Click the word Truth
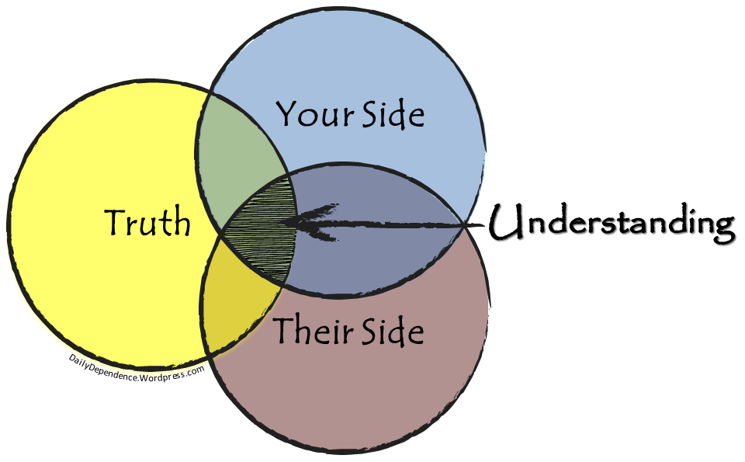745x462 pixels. tap(147, 223)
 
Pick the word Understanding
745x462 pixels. tap(612, 224)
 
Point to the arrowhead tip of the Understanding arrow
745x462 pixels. tap(284, 223)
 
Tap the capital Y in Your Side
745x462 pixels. tap(286, 115)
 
